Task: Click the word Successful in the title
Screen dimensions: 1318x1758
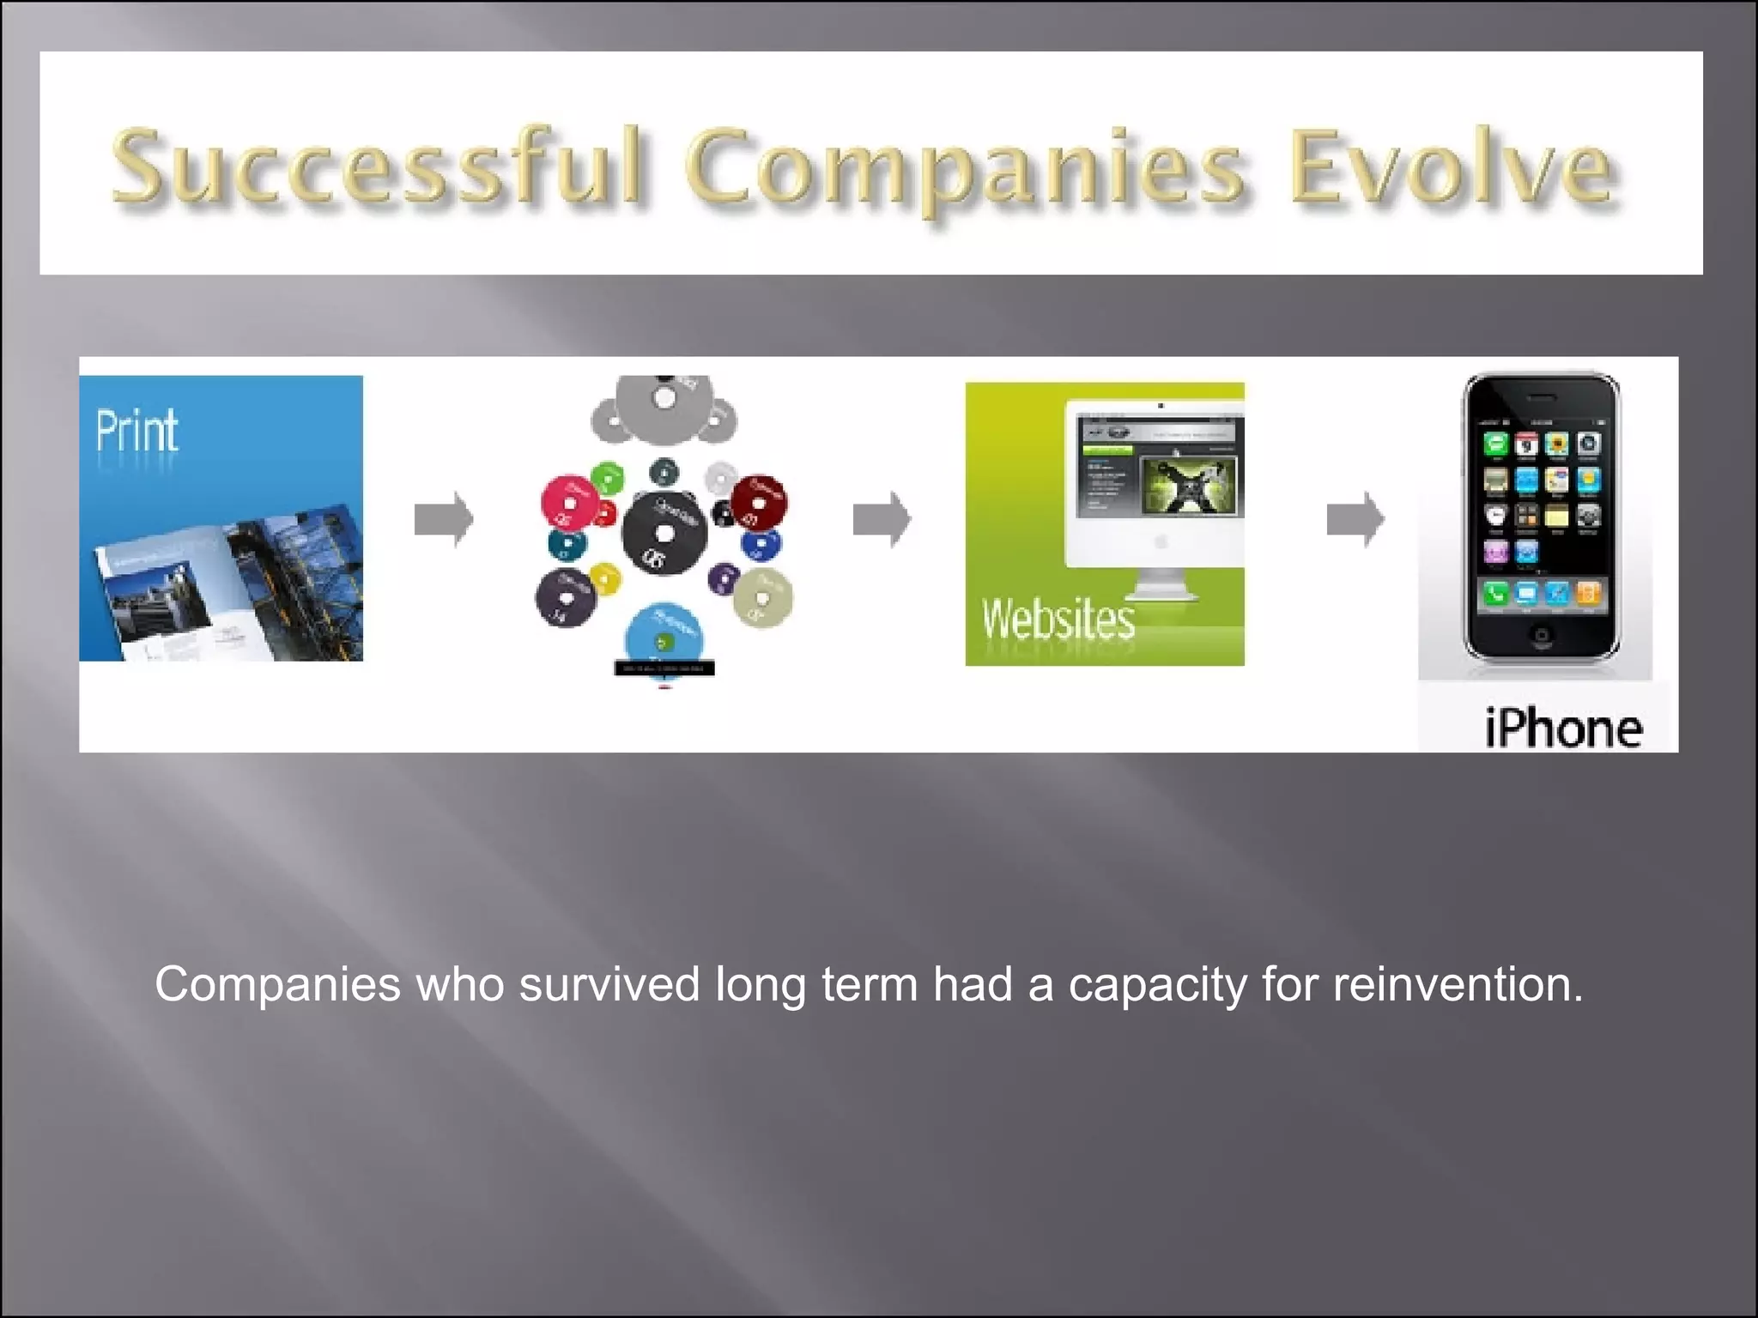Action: tap(378, 167)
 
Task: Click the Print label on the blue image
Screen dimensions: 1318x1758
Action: tap(136, 431)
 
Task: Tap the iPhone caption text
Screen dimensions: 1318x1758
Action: tap(1563, 729)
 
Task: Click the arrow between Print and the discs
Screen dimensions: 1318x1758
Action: tap(444, 519)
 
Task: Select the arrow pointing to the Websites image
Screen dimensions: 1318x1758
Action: tap(882, 519)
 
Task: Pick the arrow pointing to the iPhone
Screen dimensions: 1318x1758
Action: tap(1355, 519)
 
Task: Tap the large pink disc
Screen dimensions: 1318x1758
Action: tap(569, 502)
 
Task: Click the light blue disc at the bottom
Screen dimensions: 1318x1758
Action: tap(664, 636)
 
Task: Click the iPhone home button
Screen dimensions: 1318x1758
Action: tap(1542, 636)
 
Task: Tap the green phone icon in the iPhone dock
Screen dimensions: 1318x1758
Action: tap(1495, 592)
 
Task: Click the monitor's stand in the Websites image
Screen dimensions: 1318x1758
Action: tap(1161, 588)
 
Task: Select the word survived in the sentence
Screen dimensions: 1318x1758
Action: tap(609, 984)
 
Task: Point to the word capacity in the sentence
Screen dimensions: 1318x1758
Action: tap(1157, 984)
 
